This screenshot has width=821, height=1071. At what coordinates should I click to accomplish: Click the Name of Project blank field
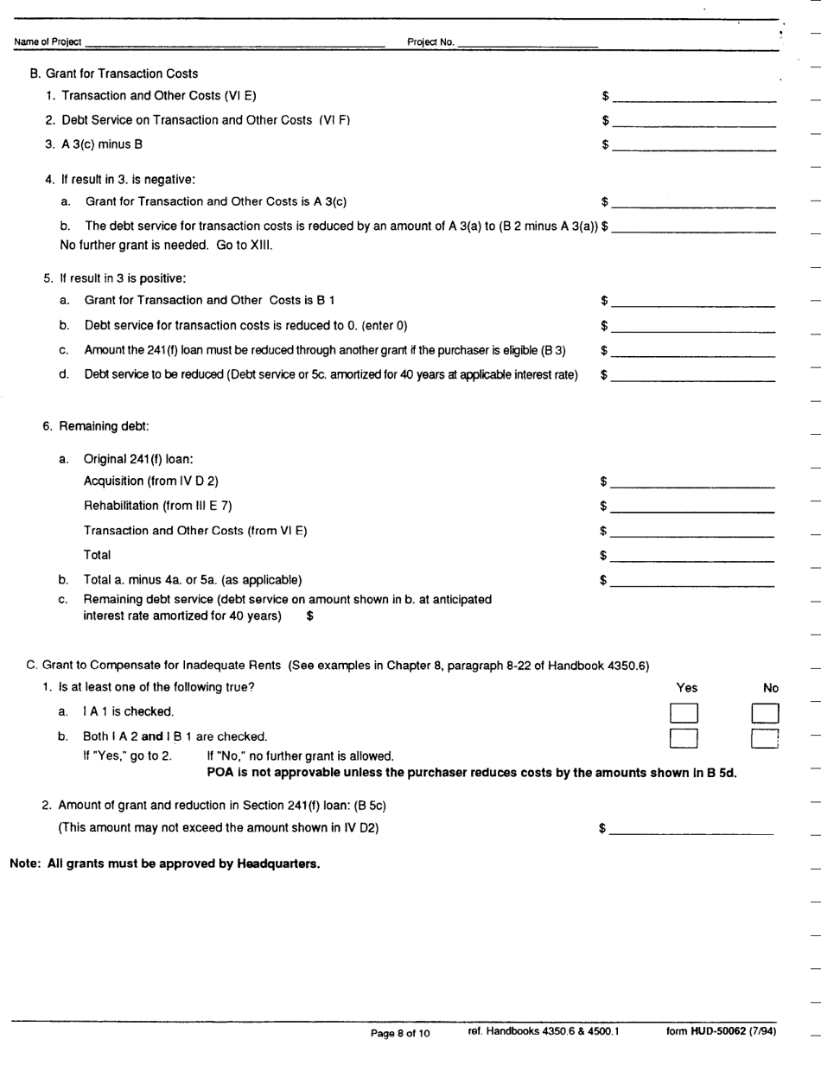coord(233,42)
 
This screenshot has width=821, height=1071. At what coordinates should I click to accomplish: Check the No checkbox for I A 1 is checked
coord(766,713)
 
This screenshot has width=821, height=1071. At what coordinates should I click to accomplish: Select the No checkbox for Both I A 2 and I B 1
coord(766,737)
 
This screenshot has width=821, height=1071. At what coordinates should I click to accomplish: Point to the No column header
coord(771,688)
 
